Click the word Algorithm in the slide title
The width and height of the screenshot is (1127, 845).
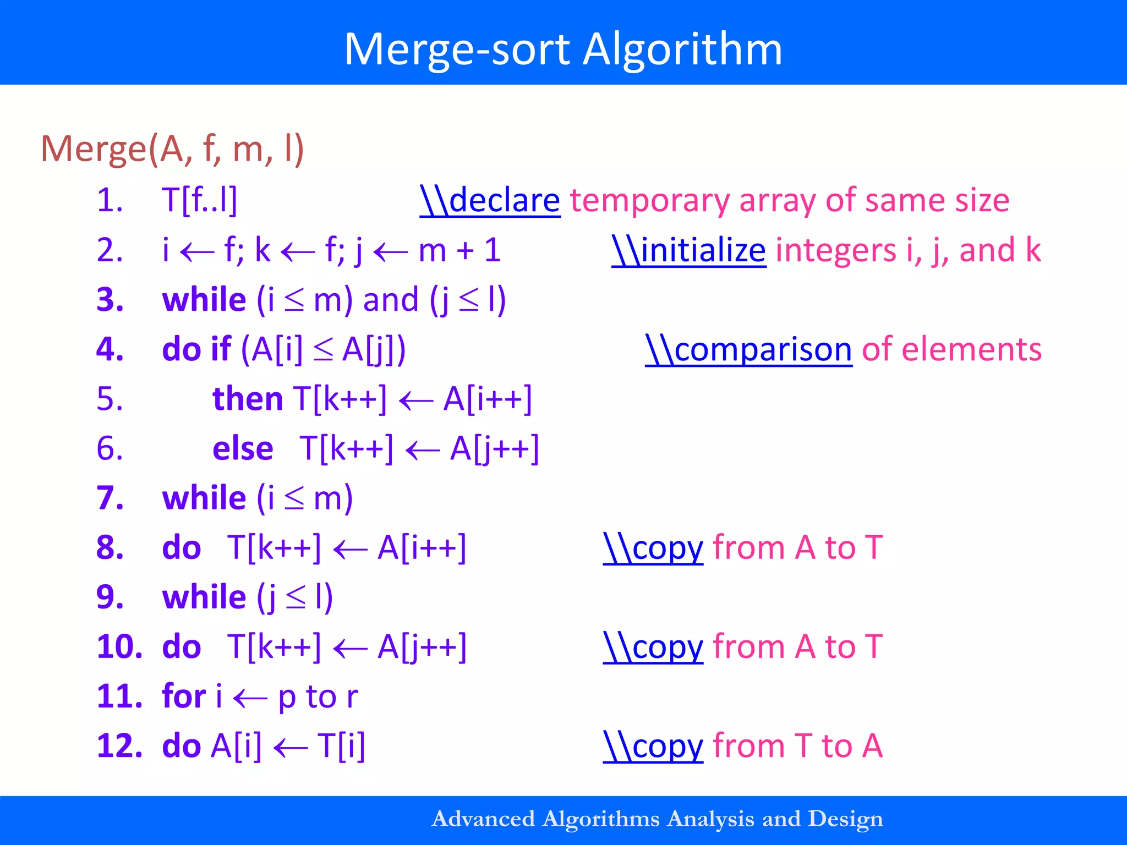click(682, 50)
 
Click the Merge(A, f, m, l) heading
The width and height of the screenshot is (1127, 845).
click(172, 149)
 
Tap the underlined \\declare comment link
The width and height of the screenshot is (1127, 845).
click(490, 200)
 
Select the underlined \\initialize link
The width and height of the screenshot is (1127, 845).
click(688, 250)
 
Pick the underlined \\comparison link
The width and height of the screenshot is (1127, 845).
click(748, 349)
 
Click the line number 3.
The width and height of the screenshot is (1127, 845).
click(110, 300)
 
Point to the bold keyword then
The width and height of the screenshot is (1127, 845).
click(248, 399)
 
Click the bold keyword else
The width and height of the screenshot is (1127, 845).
click(243, 448)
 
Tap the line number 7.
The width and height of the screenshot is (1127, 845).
click(110, 498)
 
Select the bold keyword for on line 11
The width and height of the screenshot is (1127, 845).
click(184, 696)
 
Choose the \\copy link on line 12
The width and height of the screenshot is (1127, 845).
click(653, 747)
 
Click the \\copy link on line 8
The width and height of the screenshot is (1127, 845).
click(653, 548)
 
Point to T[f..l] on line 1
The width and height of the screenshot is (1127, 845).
click(199, 200)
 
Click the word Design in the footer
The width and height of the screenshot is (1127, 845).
click(845, 819)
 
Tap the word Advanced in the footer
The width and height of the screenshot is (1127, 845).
click(483, 819)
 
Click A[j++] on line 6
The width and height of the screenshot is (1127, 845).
click(494, 448)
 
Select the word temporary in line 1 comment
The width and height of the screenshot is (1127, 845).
click(649, 201)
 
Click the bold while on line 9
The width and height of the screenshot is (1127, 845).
click(204, 597)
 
